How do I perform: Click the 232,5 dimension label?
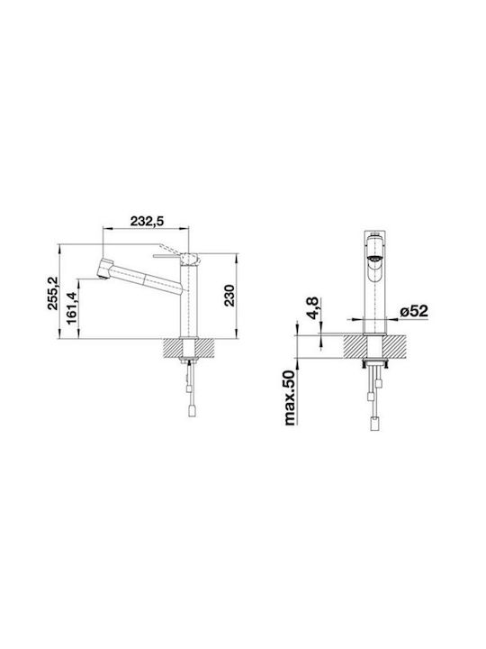coord(147,222)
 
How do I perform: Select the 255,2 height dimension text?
coord(52,294)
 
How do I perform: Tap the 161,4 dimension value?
coord(71,309)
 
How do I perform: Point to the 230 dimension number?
coord(229,296)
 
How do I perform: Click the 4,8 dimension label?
coord(311,308)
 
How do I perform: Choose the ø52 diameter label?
coord(414,311)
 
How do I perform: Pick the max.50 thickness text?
coord(291,398)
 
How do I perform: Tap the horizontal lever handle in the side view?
coord(166,256)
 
